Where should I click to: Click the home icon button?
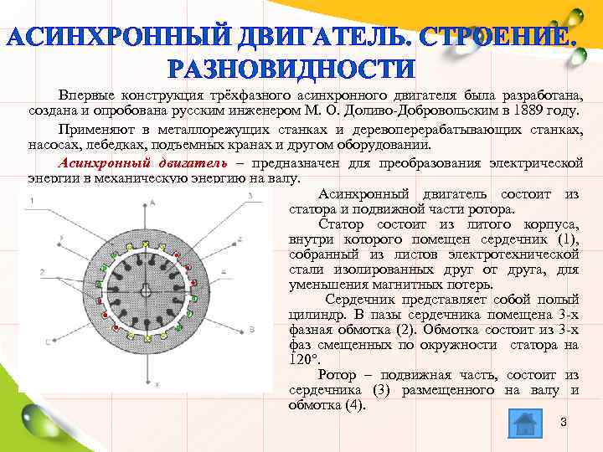click(525, 423)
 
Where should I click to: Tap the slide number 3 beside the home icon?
click(563, 422)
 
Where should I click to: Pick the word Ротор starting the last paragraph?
click(342, 375)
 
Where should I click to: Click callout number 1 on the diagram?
click(32, 202)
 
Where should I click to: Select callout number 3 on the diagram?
click(250, 196)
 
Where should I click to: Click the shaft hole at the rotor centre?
click(147, 290)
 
